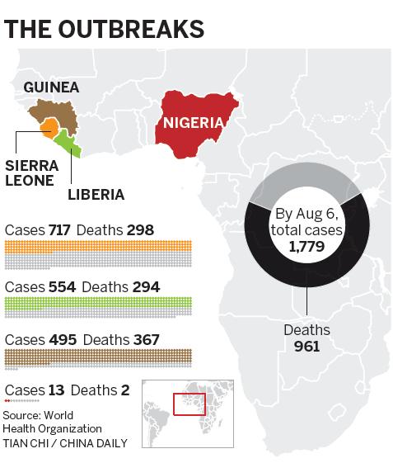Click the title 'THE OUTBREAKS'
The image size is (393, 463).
[x=105, y=29]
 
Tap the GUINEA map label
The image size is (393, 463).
[x=51, y=87]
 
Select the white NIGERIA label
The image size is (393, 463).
[x=194, y=124]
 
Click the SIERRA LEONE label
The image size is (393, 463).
[x=31, y=172]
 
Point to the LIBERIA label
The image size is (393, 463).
[x=96, y=195]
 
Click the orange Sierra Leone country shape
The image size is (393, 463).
[x=49, y=127]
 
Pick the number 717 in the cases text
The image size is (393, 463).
[x=60, y=229]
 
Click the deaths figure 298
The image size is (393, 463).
[x=140, y=229]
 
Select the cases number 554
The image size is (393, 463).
[x=62, y=287]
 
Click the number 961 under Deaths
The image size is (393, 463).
[x=306, y=345]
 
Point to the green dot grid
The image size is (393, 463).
[x=99, y=305]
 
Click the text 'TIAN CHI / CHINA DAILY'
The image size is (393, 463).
[x=65, y=443]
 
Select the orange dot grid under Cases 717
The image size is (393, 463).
[x=99, y=247]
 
